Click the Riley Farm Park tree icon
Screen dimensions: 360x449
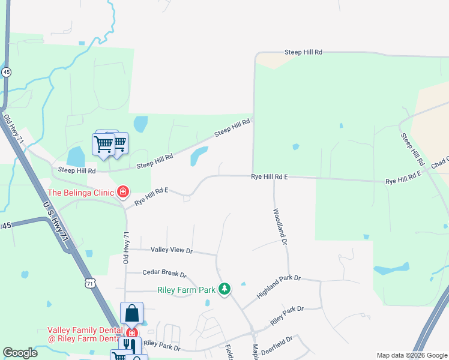224,289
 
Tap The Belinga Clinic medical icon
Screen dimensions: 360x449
123,192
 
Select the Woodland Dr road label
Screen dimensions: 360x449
280,227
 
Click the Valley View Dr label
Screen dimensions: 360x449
172,250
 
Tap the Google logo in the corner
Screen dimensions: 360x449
20,353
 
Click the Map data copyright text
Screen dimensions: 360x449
411,355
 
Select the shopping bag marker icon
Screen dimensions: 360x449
132,313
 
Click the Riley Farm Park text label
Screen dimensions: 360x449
186,290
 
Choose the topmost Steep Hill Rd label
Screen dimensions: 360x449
303,53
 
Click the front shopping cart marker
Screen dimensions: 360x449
103,144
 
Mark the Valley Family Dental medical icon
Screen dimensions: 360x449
131,332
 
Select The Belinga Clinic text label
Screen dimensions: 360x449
81,193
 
